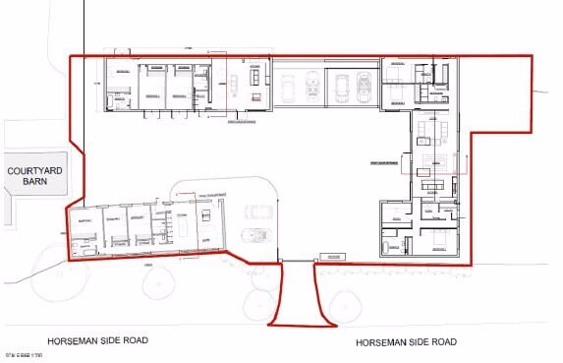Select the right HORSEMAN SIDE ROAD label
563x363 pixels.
(x=407, y=341)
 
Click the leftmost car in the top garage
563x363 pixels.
(x=289, y=90)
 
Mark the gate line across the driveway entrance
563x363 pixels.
(x=297, y=261)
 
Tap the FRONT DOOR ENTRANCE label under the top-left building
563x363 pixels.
(x=243, y=123)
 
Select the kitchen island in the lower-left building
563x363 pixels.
(x=184, y=230)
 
